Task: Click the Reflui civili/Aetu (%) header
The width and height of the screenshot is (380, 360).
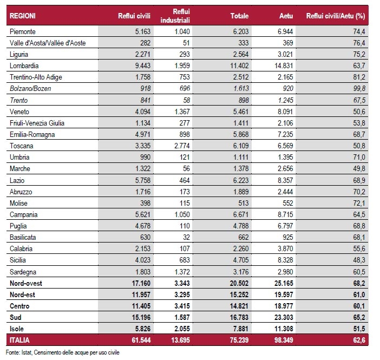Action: pyautogui.click(x=335, y=16)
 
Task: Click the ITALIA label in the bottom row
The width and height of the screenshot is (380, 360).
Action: pyautogui.click(x=21, y=339)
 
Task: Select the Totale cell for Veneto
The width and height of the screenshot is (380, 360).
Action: pyautogui.click(x=240, y=112)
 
